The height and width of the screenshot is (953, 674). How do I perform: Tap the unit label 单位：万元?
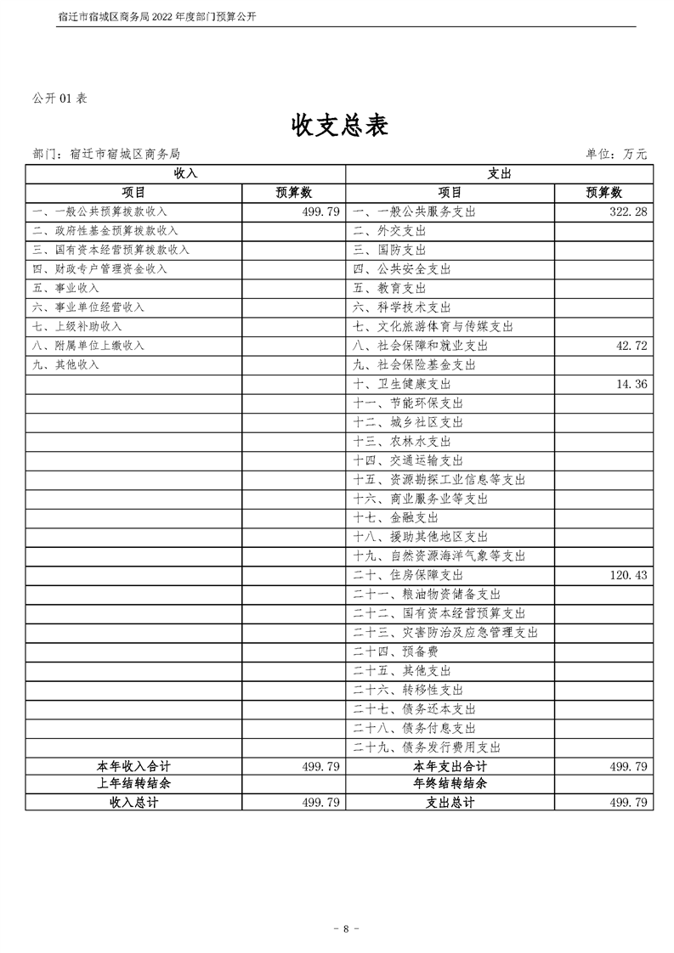pyautogui.click(x=616, y=155)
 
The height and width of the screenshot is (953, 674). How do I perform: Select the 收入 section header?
pyautogui.click(x=185, y=173)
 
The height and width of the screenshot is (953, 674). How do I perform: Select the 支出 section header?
pyautogui.click(x=499, y=173)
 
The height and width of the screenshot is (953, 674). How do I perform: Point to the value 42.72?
pyautogui.click(x=632, y=346)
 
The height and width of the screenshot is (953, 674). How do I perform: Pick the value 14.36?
pyautogui.click(x=632, y=384)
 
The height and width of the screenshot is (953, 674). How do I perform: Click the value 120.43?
pyautogui.click(x=628, y=575)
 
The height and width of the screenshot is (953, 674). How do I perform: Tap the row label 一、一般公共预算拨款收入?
pyautogui.click(x=99, y=211)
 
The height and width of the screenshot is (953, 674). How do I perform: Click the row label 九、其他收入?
pyautogui.click(x=65, y=364)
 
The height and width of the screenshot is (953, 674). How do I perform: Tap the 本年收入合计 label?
pyautogui.click(x=134, y=766)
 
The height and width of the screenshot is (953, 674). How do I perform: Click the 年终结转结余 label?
pyautogui.click(x=450, y=784)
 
